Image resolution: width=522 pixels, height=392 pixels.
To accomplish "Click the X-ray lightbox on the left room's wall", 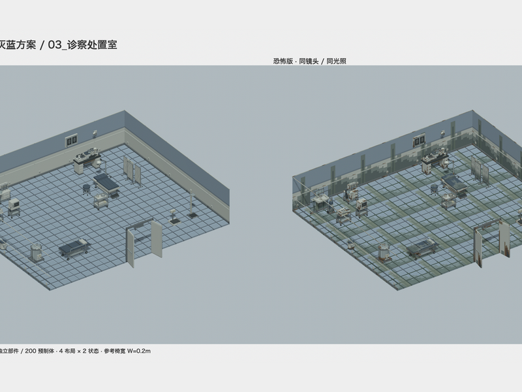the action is click(x=71, y=140).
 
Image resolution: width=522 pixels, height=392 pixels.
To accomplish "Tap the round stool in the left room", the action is click(x=87, y=189).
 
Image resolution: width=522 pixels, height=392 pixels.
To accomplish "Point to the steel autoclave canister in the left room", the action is click(x=37, y=252).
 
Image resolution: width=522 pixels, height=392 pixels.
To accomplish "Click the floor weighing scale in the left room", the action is click(x=173, y=217).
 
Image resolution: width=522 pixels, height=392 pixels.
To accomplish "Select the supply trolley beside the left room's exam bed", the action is click(x=101, y=201).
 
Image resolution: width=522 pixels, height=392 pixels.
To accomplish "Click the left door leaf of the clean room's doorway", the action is click(x=130, y=247).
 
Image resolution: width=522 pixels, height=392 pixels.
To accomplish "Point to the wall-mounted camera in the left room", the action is click(x=95, y=133).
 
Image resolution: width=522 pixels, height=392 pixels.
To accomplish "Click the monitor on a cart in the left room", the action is click(x=14, y=207).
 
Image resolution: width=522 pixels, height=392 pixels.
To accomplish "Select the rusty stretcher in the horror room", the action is click(x=422, y=248).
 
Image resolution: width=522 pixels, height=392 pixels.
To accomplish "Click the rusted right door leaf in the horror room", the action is click(x=504, y=239).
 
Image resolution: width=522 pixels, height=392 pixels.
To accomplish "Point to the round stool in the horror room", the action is click(x=435, y=189).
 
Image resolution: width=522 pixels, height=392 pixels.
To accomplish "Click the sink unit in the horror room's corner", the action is click(x=319, y=200).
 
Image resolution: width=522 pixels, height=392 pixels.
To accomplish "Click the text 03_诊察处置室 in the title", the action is click(x=83, y=44).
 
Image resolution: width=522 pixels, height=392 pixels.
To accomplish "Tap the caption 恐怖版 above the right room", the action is click(x=283, y=61).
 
